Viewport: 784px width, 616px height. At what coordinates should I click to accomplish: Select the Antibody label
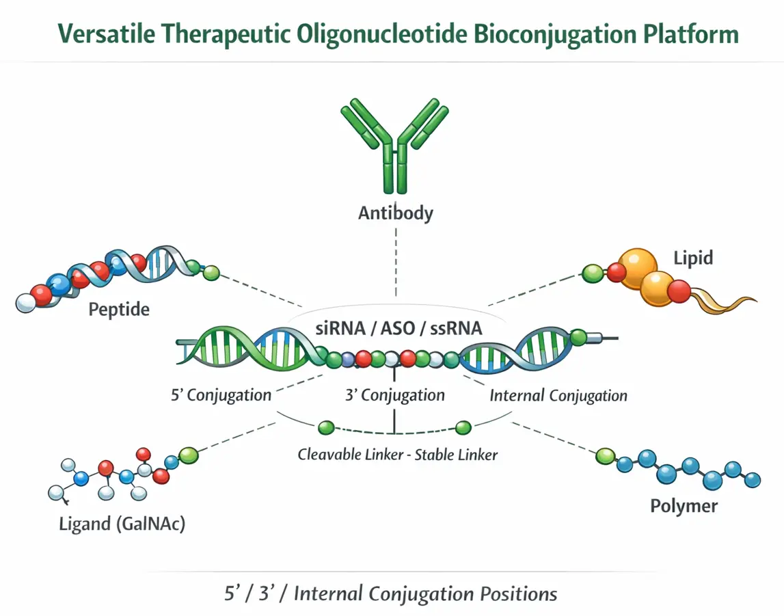395,213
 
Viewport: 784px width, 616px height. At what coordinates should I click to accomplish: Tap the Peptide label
119,310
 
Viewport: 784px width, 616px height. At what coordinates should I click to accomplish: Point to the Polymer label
684,506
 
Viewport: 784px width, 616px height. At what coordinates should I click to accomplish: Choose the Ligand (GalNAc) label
122,524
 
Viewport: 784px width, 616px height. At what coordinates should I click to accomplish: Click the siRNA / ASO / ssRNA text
398,327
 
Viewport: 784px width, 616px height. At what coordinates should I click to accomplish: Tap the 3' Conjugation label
393,395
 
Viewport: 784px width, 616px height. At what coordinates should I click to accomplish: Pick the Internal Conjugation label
558,395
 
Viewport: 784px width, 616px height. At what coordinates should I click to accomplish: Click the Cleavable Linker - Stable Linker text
397,454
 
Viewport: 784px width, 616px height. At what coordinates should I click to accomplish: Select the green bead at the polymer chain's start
605,456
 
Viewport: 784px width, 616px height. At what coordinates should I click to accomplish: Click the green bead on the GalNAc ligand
187,453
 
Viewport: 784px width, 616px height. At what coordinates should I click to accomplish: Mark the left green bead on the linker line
326,428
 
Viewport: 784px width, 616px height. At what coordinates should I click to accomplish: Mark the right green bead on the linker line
463,428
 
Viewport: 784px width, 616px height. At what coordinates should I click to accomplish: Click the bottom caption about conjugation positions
391,593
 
